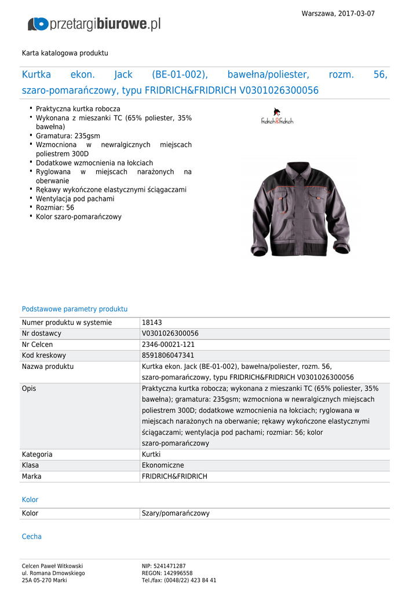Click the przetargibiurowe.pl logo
94,24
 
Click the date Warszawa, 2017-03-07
338,13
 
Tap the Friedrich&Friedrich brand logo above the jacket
277,116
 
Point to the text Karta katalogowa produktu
65,53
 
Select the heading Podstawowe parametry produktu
75,309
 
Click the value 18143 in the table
151,323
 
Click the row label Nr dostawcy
42,334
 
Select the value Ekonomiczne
163,465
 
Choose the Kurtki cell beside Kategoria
151,455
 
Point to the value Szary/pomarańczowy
176,513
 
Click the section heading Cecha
32,537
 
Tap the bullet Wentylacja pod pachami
75,199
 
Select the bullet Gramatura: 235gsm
68,136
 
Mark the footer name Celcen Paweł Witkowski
52,566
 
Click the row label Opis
29,389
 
